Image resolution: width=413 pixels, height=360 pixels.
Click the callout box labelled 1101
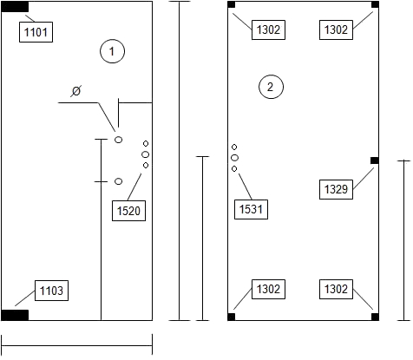36,32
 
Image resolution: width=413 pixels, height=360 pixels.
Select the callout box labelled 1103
51,291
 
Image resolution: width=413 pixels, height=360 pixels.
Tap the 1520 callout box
128,211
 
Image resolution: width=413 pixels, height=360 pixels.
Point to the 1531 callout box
251,209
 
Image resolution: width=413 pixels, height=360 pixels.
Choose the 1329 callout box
336,189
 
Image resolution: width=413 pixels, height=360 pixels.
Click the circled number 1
112,51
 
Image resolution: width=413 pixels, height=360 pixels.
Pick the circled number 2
271,87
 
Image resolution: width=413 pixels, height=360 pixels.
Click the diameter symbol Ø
75,91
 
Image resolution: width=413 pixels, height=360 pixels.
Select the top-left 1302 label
268,29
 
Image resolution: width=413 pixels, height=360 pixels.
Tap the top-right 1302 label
336,29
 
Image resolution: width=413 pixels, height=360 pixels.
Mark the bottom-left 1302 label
268,289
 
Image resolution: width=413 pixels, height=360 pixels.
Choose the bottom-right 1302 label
336,289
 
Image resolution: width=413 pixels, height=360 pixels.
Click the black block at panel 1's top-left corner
15,7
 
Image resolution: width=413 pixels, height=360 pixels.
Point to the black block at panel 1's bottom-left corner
15,315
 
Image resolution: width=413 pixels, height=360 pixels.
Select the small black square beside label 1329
375,160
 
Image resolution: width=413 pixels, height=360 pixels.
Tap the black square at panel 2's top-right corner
375,4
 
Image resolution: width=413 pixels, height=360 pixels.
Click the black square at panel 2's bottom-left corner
232,317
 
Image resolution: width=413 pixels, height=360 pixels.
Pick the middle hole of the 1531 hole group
234,158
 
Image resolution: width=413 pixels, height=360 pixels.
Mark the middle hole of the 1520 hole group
146,154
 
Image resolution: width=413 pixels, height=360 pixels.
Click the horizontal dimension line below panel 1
77,345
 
